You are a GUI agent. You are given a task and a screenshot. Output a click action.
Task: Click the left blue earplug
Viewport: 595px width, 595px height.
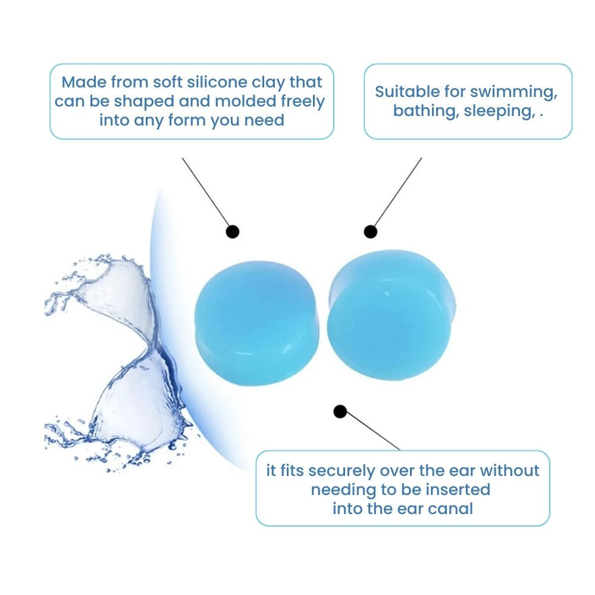pos(257,323)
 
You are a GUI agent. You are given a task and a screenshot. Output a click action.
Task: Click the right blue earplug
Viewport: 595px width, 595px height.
pos(392,315)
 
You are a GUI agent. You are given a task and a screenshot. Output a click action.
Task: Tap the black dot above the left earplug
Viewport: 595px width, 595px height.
pos(232,231)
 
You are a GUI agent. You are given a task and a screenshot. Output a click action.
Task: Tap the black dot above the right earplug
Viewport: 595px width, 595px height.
pos(370,231)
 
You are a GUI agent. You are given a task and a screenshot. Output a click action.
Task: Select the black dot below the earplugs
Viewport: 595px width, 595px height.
pos(340,411)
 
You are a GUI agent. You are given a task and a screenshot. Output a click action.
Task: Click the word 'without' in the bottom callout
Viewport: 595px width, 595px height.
pos(509,471)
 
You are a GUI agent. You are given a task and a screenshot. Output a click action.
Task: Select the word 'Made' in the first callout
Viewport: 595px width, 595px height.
pos(84,82)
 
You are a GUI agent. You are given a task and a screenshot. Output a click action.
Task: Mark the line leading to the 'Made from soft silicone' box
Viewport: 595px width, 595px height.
pos(205,192)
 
